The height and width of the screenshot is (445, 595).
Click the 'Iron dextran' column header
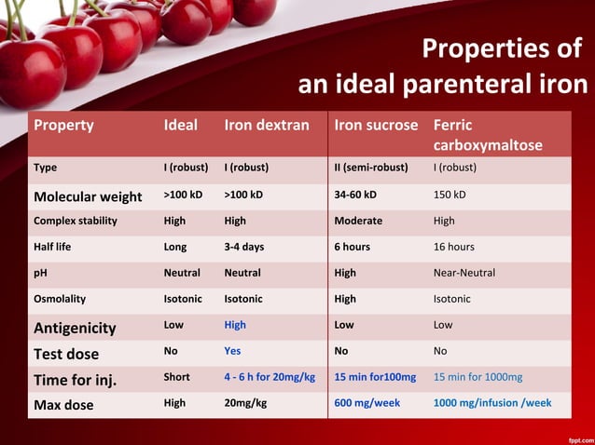pyautogui.click(x=266, y=126)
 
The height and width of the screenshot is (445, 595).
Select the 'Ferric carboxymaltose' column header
pyautogui.click(x=487, y=136)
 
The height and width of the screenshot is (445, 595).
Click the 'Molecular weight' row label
pyautogui.click(x=88, y=196)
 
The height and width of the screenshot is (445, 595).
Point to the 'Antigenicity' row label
pyautogui.click(x=75, y=328)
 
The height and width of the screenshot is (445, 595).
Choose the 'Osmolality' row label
pyautogui.click(x=59, y=299)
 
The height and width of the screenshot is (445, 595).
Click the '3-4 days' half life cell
pyautogui.click(x=244, y=247)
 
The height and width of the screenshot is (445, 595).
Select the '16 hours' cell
pyautogui.click(x=453, y=247)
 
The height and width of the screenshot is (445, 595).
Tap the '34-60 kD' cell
pyautogui.click(x=355, y=195)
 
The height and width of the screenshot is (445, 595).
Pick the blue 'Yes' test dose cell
pyautogui.click(x=233, y=352)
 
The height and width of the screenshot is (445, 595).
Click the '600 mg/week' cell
pyautogui.click(x=367, y=404)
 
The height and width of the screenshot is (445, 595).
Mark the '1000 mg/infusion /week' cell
pyautogui.click(x=492, y=404)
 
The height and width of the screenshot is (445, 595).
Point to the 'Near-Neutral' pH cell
pyautogui.click(x=464, y=273)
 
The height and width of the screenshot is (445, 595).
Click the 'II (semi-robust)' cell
pyautogui.click(x=370, y=169)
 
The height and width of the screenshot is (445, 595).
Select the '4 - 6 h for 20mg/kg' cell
pyautogui.click(x=270, y=377)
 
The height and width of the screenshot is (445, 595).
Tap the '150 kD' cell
pyautogui.click(x=450, y=195)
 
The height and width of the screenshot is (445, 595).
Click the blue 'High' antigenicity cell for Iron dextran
pyautogui.click(x=235, y=325)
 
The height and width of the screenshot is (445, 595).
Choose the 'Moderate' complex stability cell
pyautogui.click(x=358, y=221)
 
